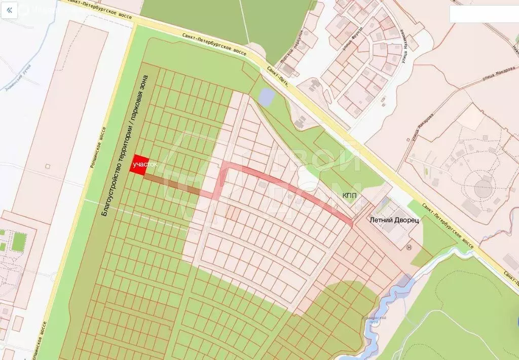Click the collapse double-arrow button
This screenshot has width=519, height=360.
pos(9,9)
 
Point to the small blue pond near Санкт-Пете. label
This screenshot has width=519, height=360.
pos(266,95)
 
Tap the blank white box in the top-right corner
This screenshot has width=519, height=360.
pos(484,14)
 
